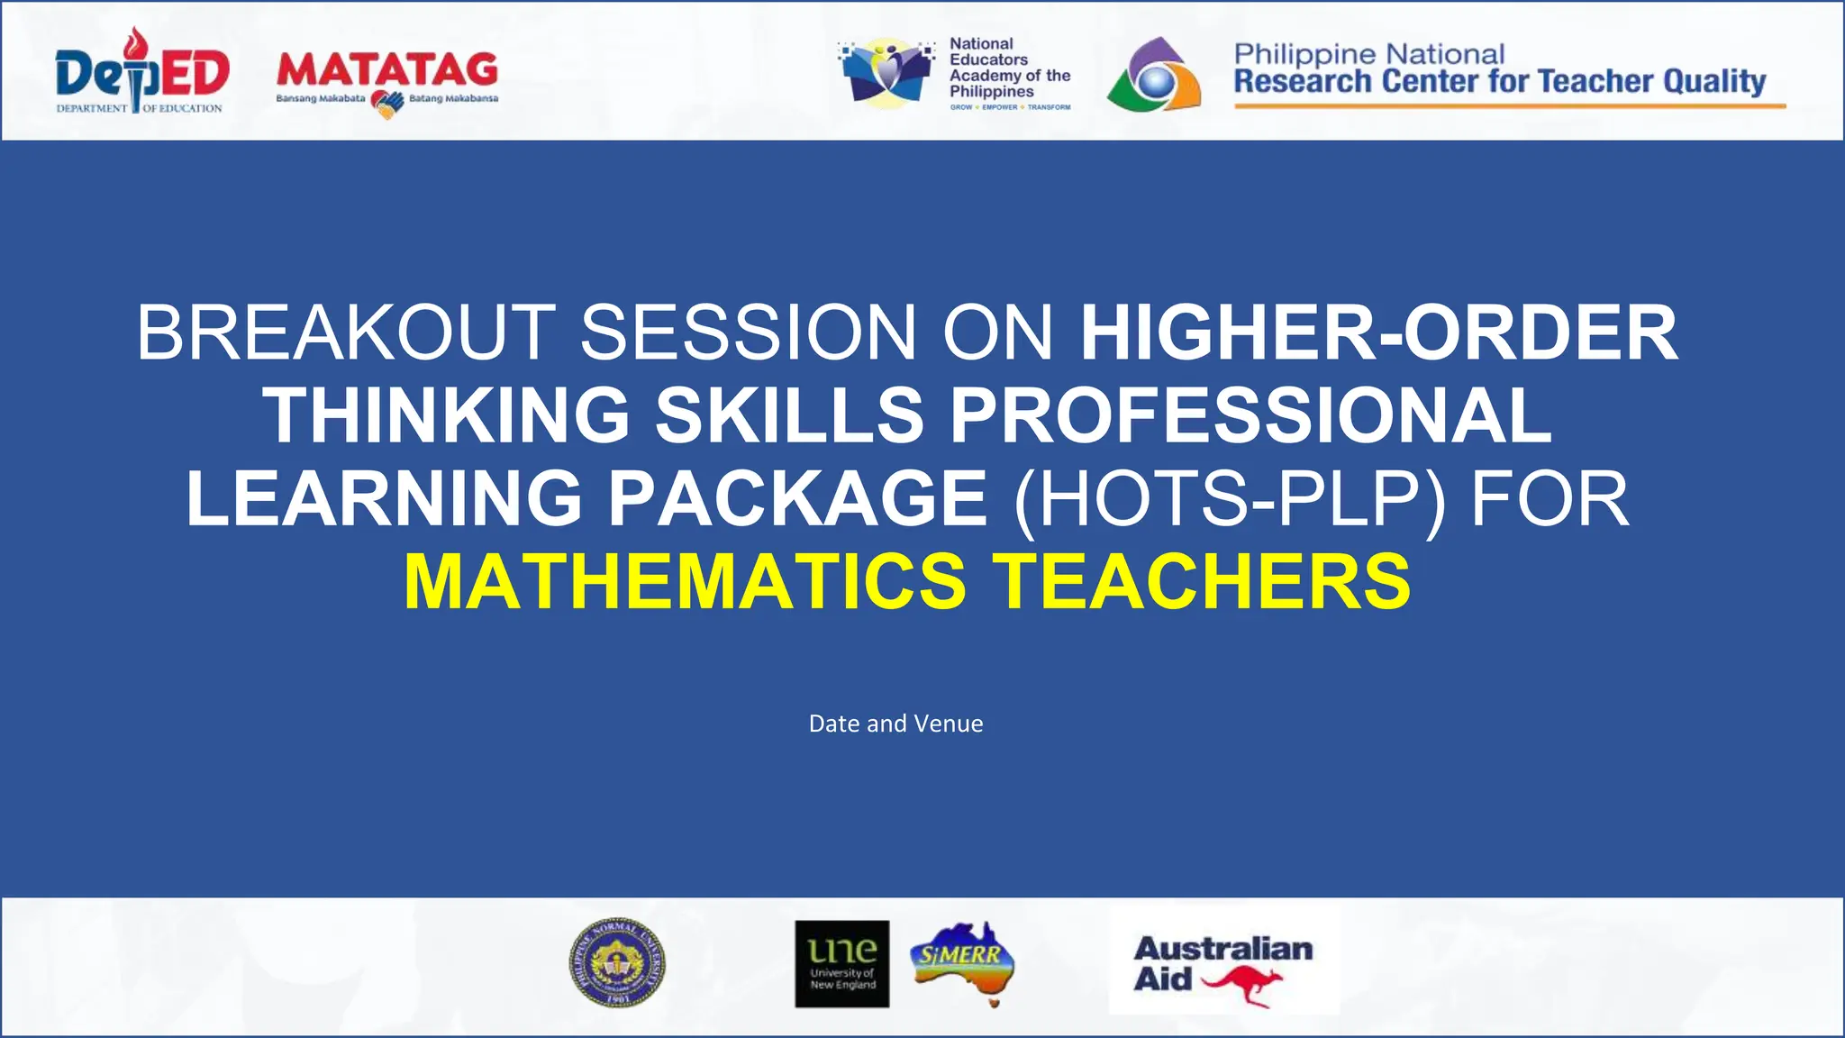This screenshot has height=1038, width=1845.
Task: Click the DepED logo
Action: pos(142,72)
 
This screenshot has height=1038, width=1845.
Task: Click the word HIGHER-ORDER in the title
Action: pos(1378,332)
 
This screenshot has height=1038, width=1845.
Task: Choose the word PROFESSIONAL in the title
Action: pos(1250,415)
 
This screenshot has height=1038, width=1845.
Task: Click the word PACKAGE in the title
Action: pos(798,498)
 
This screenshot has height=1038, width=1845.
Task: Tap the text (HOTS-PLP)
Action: pos(1230,498)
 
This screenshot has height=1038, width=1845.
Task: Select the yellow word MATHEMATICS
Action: pos(685,581)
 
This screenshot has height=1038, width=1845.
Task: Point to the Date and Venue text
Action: pos(895,724)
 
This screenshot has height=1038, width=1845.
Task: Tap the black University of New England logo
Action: pos(841,963)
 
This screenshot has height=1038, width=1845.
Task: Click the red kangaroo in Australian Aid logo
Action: pos(1243,984)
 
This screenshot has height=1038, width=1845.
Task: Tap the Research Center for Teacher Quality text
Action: pos(1499,82)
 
